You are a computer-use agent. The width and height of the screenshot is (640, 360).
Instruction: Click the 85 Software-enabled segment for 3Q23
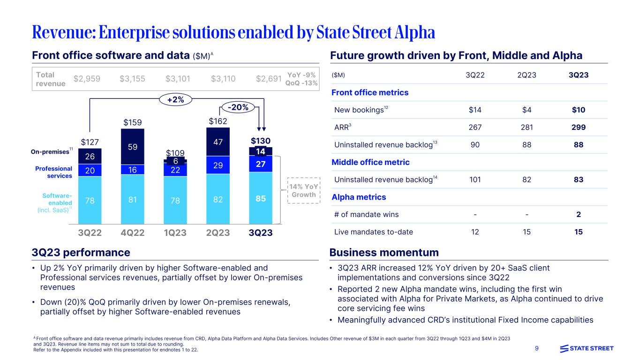tap(261, 198)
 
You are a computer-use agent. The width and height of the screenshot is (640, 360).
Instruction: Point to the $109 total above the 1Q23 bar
tap(175, 153)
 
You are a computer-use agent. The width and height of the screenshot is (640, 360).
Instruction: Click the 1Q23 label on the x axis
tap(175, 232)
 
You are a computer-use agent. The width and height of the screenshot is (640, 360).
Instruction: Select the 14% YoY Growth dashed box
tap(304, 190)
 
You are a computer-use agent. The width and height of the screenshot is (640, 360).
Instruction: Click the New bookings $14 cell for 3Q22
tap(475, 110)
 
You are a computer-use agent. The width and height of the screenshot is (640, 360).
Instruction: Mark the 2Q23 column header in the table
tap(527, 75)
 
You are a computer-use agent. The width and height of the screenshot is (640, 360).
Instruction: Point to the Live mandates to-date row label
tap(373, 232)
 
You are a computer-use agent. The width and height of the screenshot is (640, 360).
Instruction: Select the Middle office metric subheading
tap(370, 162)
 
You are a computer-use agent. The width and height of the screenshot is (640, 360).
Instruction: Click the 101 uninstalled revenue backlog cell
tap(475, 180)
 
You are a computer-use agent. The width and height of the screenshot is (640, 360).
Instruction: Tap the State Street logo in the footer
tap(587, 348)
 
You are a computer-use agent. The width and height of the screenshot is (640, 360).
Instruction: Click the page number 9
tap(538, 348)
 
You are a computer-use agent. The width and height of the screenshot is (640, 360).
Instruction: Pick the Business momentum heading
tap(384, 253)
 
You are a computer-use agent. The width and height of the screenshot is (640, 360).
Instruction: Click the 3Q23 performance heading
tap(81, 253)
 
